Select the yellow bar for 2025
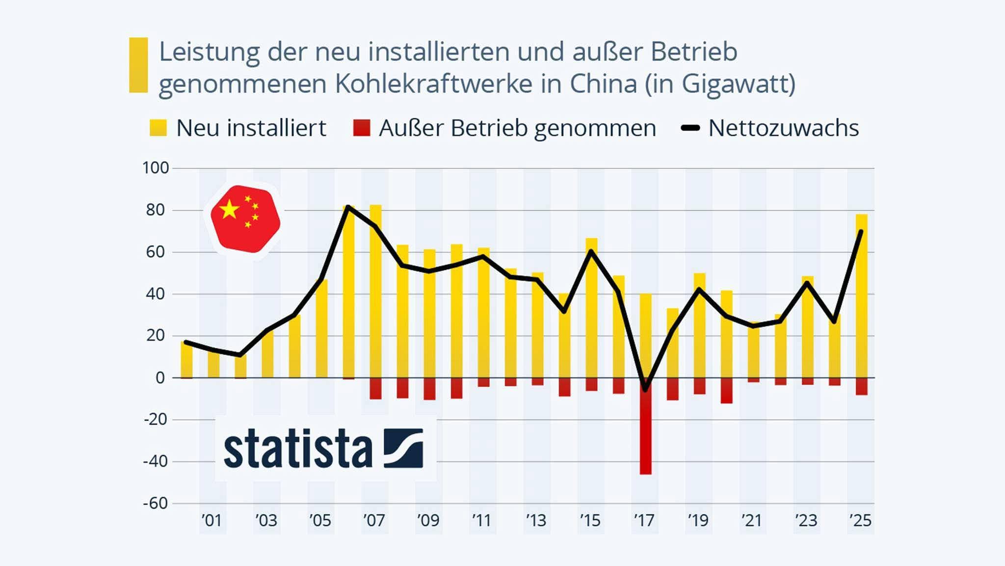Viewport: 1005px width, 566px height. (x=861, y=295)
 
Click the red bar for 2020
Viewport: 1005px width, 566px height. (x=726, y=391)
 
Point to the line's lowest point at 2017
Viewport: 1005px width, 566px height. (x=645, y=389)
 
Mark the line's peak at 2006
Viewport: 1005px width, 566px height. (x=348, y=207)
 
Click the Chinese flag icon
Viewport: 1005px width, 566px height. (x=245, y=219)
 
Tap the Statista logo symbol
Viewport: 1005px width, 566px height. (x=403, y=448)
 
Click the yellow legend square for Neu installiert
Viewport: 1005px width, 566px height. (x=158, y=128)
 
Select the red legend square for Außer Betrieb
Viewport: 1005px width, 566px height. (x=362, y=128)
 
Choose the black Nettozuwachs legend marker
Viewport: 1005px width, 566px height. (x=690, y=128)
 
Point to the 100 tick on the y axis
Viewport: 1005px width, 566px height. (x=156, y=168)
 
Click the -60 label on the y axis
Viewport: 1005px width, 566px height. (x=156, y=503)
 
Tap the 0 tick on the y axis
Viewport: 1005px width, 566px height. (x=160, y=378)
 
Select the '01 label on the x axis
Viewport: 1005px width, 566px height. (x=212, y=520)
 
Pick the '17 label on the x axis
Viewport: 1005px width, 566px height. (x=644, y=520)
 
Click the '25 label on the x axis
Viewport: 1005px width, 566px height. (x=860, y=520)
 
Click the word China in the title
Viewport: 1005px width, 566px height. (x=603, y=84)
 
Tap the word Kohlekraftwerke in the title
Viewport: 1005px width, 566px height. (x=433, y=84)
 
